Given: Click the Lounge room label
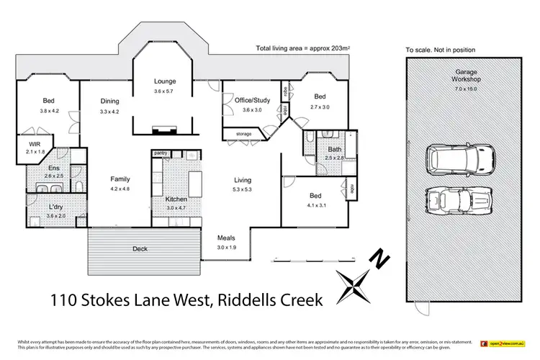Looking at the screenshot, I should tap(165, 81).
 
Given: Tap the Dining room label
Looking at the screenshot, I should tap(109, 102).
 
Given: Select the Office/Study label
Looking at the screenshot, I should tap(251, 101).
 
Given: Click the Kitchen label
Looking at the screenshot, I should tap(176, 199).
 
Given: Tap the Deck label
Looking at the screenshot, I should tap(141, 249).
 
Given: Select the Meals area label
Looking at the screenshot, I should tap(228, 238).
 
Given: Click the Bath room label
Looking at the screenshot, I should tap(335, 149).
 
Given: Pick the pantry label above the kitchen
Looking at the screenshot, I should tap(160, 153).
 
